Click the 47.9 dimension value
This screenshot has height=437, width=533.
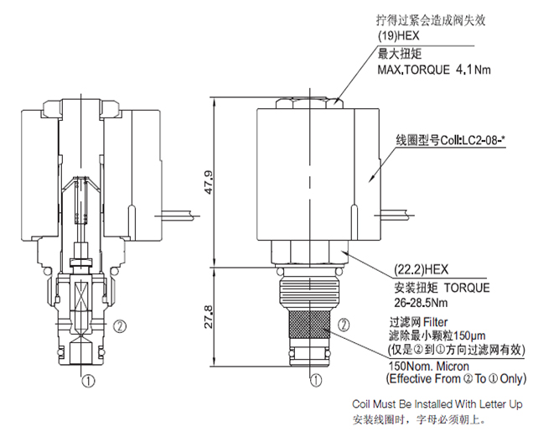pyautogui.click(x=210, y=183)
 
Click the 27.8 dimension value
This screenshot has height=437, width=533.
pyautogui.click(x=210, y=319)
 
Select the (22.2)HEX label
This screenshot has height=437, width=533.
pyautogui.click(x=422, y=271)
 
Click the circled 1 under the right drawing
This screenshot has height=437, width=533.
pyautogui.click(x=315, y=380)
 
